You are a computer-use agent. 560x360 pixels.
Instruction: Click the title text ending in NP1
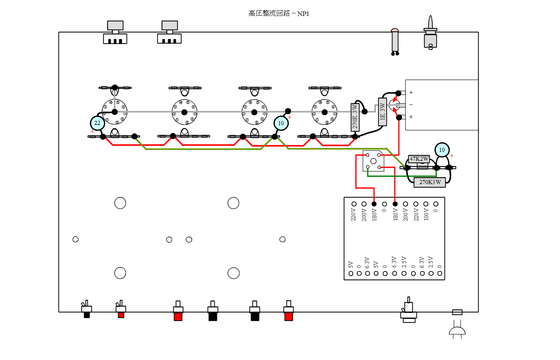279,14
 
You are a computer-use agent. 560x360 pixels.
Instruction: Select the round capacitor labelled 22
97,123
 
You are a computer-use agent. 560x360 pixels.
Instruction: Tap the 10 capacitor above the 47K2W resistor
442,150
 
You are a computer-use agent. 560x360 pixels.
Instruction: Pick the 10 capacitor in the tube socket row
281,123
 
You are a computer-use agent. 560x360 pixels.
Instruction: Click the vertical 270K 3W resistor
355,117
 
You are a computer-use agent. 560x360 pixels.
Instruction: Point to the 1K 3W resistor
382,112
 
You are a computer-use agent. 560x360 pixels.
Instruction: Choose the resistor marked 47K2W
419,159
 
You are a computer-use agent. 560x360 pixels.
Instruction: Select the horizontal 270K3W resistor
430,182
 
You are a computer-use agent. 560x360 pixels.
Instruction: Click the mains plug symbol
457,331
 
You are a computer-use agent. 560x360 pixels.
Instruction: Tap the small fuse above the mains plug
457,312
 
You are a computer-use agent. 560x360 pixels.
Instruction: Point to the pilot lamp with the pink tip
395,41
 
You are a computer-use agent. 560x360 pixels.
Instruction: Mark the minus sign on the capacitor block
411,105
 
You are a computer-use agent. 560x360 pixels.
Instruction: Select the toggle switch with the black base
87,309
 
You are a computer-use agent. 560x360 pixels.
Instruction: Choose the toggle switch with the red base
121,309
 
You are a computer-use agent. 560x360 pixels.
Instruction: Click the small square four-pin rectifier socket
373,161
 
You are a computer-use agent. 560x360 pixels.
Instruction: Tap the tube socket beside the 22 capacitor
115,112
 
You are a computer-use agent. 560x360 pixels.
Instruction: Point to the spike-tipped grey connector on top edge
430,33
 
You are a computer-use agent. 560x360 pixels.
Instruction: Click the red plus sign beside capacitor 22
92,131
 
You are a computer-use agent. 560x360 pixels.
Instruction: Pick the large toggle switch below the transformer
409,310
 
